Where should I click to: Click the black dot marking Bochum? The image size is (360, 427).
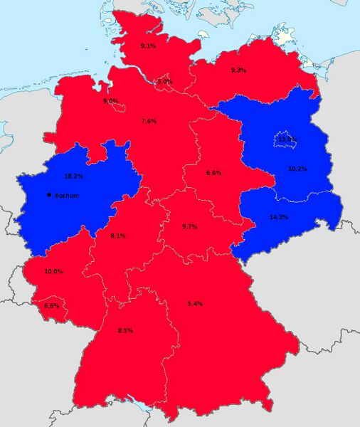[48, 194]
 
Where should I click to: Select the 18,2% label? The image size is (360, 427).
[73, 176]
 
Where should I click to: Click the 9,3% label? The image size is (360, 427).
[239, 70]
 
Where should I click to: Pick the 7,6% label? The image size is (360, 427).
[149, 121]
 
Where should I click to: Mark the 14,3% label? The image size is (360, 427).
[278, 216]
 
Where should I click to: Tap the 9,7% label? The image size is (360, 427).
[191, 226]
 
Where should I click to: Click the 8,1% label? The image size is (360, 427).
[119, 236]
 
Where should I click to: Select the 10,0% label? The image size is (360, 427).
[53, 272]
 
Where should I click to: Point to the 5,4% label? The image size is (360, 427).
[195, 304]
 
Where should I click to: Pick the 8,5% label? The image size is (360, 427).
[125, 330]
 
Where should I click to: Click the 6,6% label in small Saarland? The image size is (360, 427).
[51, 305]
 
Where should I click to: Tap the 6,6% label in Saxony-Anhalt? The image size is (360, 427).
[213, 173]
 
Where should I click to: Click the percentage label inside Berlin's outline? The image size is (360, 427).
[287, 139]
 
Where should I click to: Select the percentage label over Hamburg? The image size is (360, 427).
[164, 82]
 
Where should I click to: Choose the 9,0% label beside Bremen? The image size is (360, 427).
[110, 101]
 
